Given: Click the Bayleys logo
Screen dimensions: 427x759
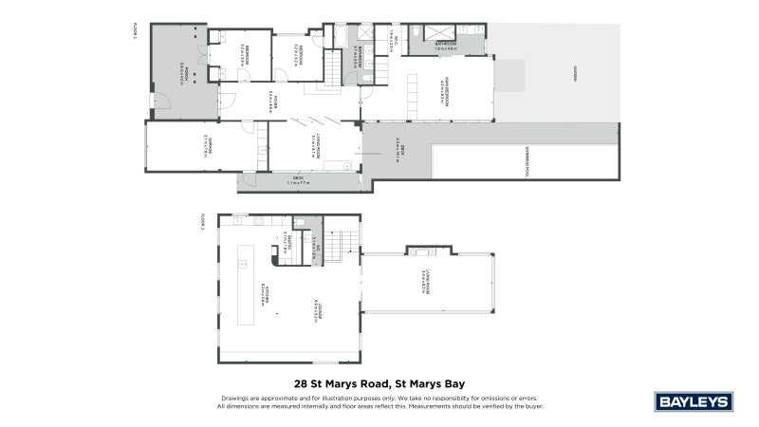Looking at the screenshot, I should pos(694,401).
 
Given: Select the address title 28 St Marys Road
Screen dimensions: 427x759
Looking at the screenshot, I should pos(379,384).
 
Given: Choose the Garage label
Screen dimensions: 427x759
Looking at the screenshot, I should pos(204,147).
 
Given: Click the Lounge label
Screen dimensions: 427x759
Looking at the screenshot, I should pos(313,308).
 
